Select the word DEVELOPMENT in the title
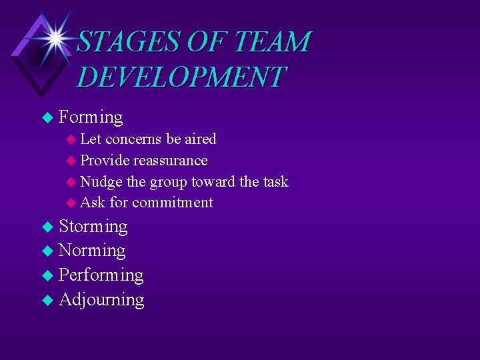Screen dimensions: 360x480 click(181, 77)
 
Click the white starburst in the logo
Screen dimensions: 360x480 click(55, 37)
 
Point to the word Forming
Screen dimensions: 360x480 click(91, 117)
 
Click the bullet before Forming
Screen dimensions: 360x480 click(46, 118)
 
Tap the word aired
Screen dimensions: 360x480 click(201, 139)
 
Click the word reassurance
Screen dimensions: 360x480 click(170, 160)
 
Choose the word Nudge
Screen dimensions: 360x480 click(101, 181)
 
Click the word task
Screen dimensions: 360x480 click(275, 181)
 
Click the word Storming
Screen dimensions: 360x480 click(93, 226)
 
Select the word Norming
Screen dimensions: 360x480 click(92, 251)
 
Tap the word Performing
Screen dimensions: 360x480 click(101, 275)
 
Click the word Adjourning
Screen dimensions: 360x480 click(101, 299)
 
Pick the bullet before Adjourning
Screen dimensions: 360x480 click(46, 300)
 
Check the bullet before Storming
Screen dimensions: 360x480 click(46, 227)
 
